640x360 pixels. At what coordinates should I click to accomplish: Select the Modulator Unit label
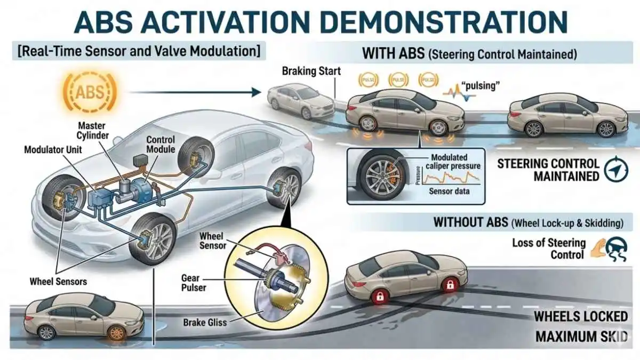click(53, 149)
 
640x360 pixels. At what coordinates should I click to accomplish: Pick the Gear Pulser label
click(190, 283)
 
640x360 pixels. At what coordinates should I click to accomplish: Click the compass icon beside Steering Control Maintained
click(617, 170)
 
